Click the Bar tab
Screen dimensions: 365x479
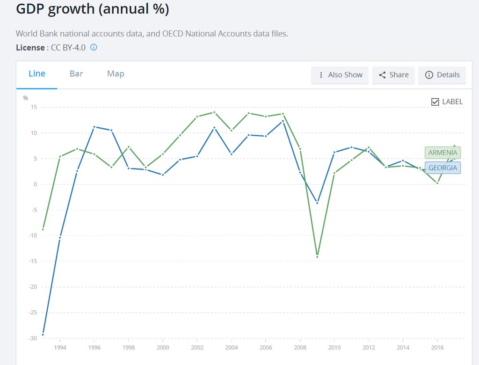point(76,74)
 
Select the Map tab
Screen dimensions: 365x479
point(116,74)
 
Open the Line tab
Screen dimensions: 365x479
point(37,74)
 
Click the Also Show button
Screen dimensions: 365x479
point(340,75)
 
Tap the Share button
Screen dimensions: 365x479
point(393,75)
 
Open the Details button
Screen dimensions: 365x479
point(442,75)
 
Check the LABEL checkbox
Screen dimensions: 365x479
point(435,102)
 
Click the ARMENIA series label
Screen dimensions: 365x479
point(443,153)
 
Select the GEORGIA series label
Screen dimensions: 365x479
point(443,168)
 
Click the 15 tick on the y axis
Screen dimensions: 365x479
point(34,107)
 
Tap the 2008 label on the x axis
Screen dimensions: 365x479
point(300,348)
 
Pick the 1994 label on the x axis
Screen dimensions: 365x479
point(60,348)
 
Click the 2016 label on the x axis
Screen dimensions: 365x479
point(437,348)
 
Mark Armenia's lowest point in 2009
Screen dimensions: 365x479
point(317,256)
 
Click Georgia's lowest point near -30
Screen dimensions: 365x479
point(43,334)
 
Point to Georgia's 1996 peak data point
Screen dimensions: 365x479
point(94,127)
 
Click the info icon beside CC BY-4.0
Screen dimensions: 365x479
point(94,47)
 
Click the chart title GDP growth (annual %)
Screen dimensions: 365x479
point(92,9)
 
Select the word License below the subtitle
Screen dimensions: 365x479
point(30,48)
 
